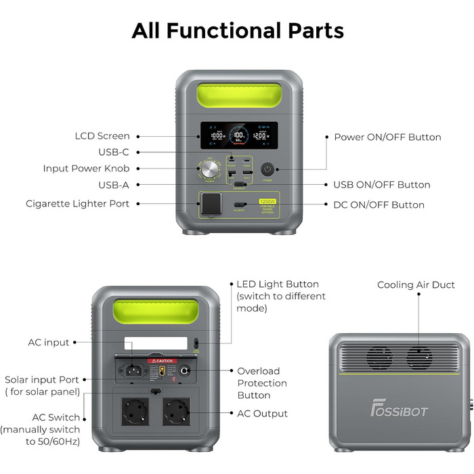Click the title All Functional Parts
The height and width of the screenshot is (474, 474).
coord(237,30)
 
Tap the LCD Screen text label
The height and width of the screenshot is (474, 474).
coord(102,136)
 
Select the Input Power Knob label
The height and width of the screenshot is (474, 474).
coord(86,168)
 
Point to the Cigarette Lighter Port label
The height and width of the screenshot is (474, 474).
coord(78,203)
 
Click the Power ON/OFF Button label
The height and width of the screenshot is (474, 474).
coord(387,137)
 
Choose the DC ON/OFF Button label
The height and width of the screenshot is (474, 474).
coord(379,204)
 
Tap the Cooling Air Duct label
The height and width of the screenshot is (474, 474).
coord(416,285)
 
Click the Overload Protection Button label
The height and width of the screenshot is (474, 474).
coord(262,383)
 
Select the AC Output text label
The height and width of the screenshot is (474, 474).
coord(262,413)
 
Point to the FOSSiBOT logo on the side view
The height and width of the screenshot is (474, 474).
coord(400,410)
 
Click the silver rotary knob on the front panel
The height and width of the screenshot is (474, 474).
coord(207,169)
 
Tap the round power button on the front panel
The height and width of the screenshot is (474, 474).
coord(267,169)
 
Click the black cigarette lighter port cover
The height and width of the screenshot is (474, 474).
coord(212,204)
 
